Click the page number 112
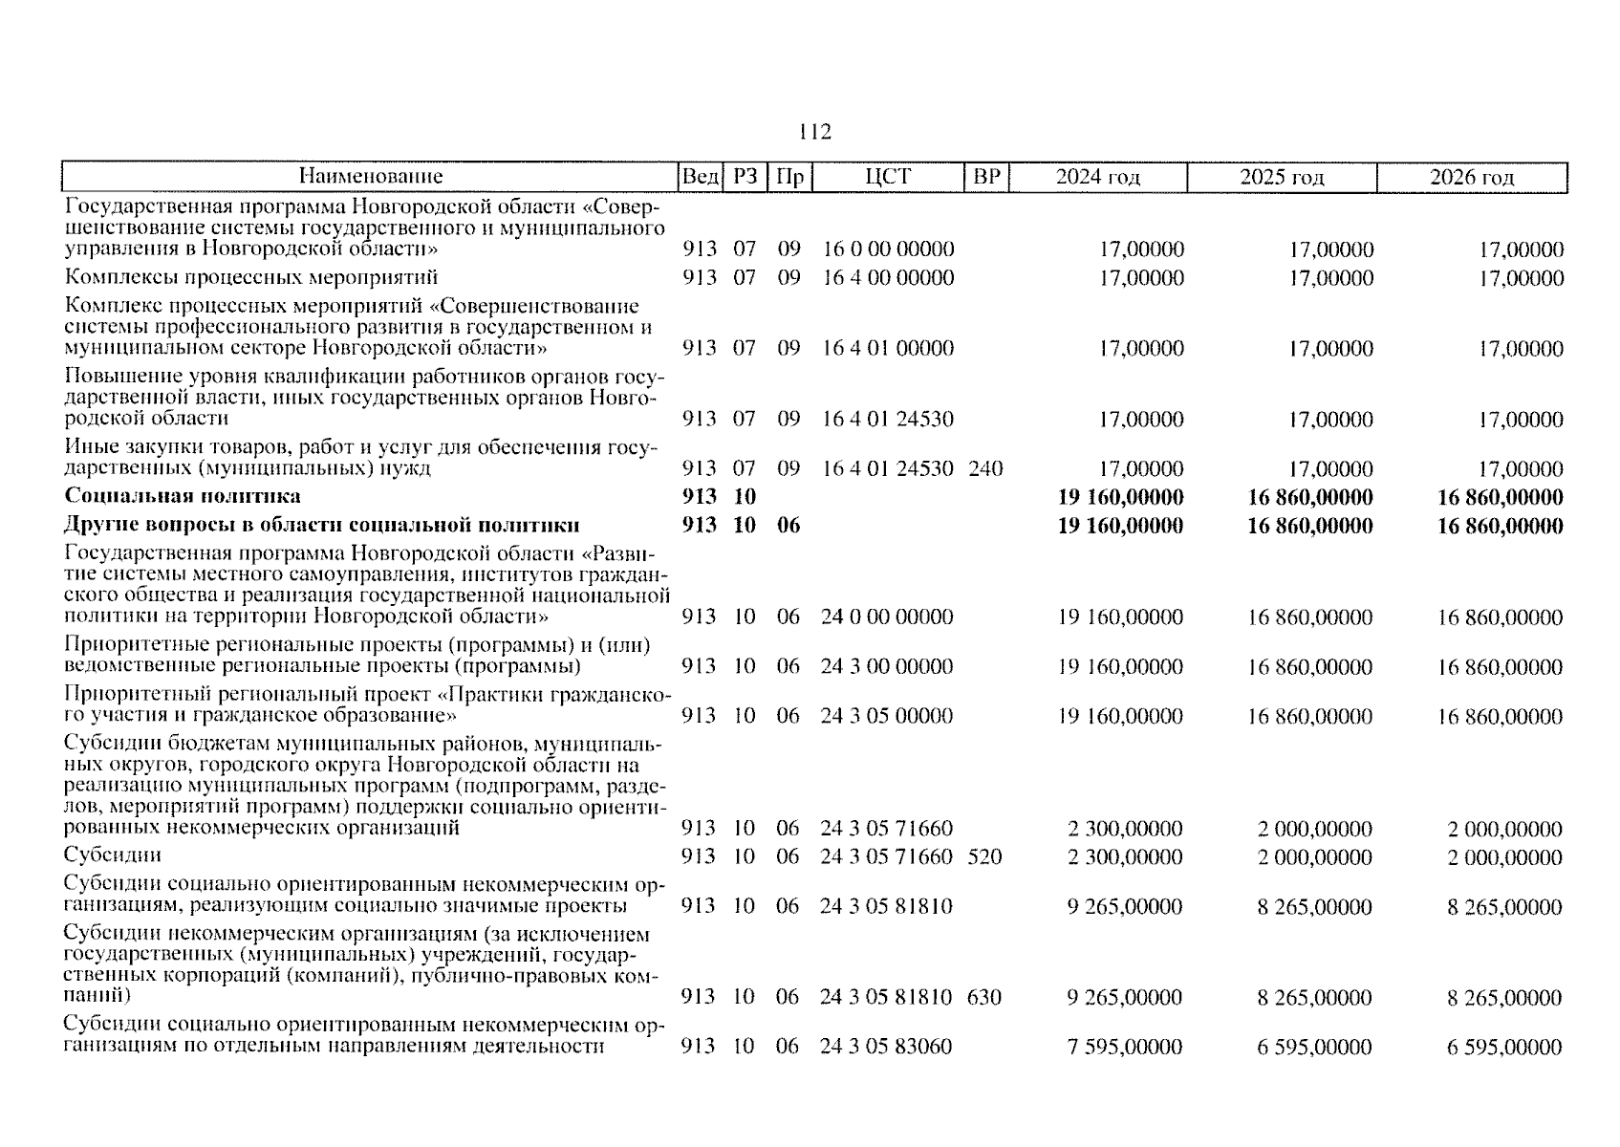click(814, 132)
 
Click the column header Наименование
click(370, 177)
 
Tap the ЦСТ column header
click(888, 177)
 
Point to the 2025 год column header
click(1282, 177)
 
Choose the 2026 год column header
click(1472, 177)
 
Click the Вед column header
click(700, 177)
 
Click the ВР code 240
click(985, 468)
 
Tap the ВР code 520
click(984, 856)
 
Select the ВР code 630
click(984, 998)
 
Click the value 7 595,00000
click(1125, 1047)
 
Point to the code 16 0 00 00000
click(888, 249)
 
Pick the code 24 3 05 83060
click(886, 1047)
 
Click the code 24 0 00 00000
click(887, 617)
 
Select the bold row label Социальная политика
click(183, 496)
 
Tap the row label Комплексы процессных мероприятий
click(251, 278)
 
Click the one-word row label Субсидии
click(113, 855)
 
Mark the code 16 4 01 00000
click(888, 348)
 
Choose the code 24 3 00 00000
click(887, 666)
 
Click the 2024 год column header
click(1097, 177)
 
